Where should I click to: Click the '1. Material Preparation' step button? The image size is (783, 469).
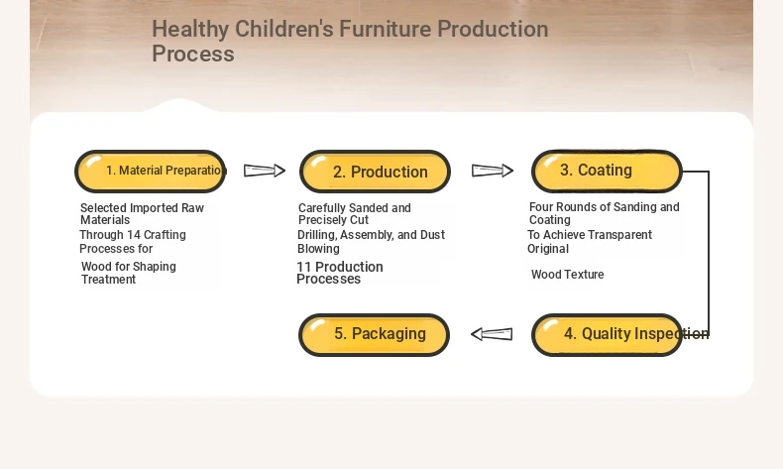(x=151, y=172)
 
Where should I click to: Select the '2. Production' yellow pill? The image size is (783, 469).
(x=375, y=172)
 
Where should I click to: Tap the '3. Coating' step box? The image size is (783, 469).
(x=607, y=171)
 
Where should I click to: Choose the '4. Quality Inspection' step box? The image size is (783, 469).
(x=607, y=334)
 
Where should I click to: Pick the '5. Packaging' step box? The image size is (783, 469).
(x=374, y=334)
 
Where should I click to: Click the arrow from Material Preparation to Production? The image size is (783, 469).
(x=265, y=171)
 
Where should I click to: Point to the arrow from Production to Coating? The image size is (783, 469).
(x=493, y=171)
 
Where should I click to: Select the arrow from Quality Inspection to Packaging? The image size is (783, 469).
(x=492, y=333)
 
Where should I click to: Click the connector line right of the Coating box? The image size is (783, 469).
(x=709, y=252)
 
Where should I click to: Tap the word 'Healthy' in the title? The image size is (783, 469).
(x=190, y=29)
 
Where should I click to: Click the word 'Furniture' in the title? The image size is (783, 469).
(x=386, y=29)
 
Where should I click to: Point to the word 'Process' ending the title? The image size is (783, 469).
(x=193, y=54)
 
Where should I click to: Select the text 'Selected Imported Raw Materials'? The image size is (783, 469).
(x=142, y=214)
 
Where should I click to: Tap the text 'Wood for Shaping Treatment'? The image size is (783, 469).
(x=128, y=273)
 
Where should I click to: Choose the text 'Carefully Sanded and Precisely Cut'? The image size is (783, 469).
(x=354, y=214)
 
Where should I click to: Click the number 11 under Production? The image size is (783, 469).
(x=303, y=267)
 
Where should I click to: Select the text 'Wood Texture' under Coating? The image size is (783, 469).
(x=567, y=275)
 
